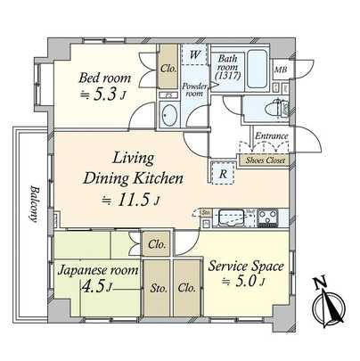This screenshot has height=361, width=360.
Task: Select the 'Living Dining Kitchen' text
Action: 134,169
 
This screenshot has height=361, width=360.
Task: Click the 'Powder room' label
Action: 195,89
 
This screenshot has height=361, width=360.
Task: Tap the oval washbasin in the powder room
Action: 168,115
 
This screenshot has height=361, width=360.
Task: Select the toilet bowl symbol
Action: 271,108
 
